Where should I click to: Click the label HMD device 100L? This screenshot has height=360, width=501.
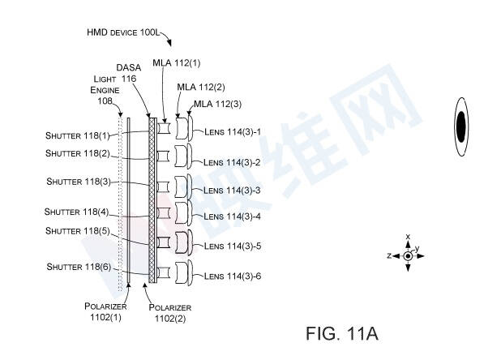pyautogui.click(x=123, y=32)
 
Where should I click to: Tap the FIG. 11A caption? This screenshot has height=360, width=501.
pyautogui.click(x=342, y=333)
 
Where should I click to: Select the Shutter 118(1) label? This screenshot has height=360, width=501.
pyautogui.click(x=77, y=135)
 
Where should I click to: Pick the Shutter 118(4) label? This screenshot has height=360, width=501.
pyautogui.click(x=77, y=212)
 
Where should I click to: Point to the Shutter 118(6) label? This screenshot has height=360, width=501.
pyautogui.click(x=79, y=267)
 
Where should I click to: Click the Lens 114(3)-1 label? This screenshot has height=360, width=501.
pyautogui.click(x=233, y=131)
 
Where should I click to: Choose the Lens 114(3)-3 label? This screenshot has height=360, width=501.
pyautogui.click(x=232, y=191)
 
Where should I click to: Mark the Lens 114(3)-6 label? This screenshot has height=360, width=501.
pyautogui.click(x=233, y=276)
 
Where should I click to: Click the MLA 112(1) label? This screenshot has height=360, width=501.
pyautogui.click(x=177, y=63)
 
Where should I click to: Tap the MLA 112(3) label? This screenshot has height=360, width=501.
pyautogui.click(x=217, y=104)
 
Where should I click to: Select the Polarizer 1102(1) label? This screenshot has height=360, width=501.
pyautogui.click(x=105, y=312)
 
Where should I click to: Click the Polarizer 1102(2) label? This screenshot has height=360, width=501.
pyautogui.click(x=170, y=313)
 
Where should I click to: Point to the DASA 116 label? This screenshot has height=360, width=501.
pyautogui.click(x=128, y=73)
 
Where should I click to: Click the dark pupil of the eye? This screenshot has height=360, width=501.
pyautogui.click(x=461, y=126)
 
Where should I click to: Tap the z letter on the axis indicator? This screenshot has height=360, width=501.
pyautogui.click(x=389, y=255)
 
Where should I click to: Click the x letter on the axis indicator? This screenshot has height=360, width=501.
pyautogui.click(x=408, y=237)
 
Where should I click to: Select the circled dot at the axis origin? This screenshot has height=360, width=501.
pyautogui.click(x=408, y=256)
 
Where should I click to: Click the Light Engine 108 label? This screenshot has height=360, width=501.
pyautogui.click(x=105, y=90)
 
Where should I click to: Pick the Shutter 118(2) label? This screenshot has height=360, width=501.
pyautogui.click(x=77, y=153)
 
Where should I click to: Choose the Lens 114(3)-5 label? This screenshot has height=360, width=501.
pyautogui.click(x=233, y=246)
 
